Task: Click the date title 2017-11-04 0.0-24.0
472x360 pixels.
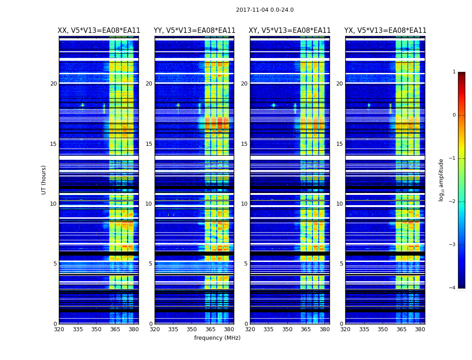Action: click(264, 10)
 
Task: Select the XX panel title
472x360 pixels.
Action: click(99, 31)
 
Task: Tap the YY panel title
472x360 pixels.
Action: click(194, 31)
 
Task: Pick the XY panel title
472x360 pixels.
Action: click(290, 31)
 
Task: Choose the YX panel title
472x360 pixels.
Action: click(385, 31)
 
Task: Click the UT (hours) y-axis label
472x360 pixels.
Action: click(44, 180)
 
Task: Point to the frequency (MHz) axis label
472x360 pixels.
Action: click(217, 338)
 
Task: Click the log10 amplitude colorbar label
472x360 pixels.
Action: click(441, 180)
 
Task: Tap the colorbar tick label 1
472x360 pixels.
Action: click(454, 72)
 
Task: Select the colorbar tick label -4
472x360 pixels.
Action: click(453, 288)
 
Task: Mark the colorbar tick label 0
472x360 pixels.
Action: click(454, 115)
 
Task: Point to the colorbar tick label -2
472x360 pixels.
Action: click(453, 202)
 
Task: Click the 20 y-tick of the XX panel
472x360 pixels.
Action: click(53, 84)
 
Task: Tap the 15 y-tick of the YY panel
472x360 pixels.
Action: click(149, 144)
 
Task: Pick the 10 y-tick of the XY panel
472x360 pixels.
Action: click(244, 204)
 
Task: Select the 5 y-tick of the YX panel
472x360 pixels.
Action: click(341, 264)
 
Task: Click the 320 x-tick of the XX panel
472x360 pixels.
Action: click(59, 329)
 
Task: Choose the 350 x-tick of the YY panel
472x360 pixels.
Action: click(192, 329)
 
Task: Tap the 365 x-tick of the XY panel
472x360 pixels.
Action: click(306, 329)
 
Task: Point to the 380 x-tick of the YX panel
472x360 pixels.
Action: click(420, 329)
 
